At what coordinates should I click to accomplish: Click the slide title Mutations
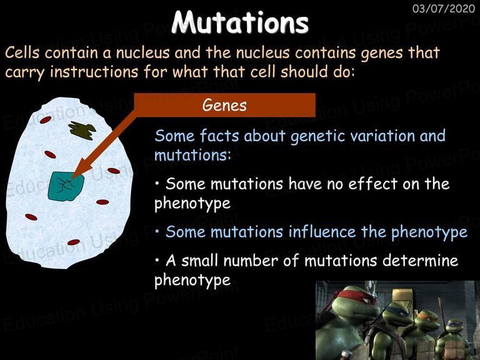[x=240, y=22]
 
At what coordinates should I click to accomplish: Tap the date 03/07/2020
[x=444, y=9]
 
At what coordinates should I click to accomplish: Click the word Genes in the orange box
[x=224, y=105]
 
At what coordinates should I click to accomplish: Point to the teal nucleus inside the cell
[x=66, y=186]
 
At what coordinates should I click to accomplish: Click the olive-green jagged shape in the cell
[x=82, y=130]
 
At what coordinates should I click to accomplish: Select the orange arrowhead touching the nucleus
[x=82, y=170]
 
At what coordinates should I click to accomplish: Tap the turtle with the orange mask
[x=424, y=334]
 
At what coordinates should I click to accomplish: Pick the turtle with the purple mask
[x=453, y=340]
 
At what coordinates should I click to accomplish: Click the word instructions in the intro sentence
[x=94, y=72]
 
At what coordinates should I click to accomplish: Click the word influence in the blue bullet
[x=322, y=232]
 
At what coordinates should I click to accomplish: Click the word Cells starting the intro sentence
[x=22, y=52]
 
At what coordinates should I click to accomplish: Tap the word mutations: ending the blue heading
[x=192, y=155]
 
